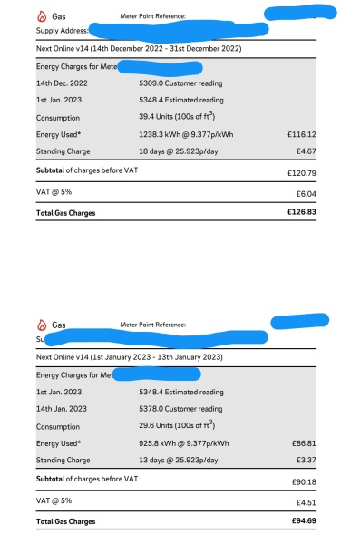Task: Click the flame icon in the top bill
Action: click(41, 17)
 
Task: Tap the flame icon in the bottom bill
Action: click(41, 325)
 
